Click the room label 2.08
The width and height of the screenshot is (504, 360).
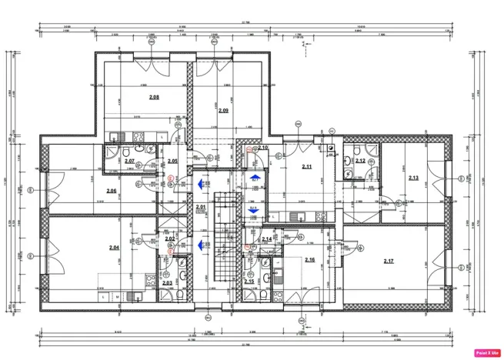click(154, 97)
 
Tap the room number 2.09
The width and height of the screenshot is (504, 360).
click(223, 111)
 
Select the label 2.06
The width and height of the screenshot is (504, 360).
click(112, 191)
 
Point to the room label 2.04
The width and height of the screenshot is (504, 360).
click(114, 248)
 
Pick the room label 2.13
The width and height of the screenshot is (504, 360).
click(413, 178)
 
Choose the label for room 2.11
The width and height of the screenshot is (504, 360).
click(306, 167)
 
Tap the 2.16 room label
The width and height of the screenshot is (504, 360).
click(309, 260)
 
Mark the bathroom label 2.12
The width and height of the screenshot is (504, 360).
click(360, 161)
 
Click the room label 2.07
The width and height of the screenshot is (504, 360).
click(130, 161)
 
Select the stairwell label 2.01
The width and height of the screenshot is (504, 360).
click(201, 207)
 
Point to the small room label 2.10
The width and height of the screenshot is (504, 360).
click(262, 148)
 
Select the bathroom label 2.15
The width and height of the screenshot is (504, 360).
click(249, 282)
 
